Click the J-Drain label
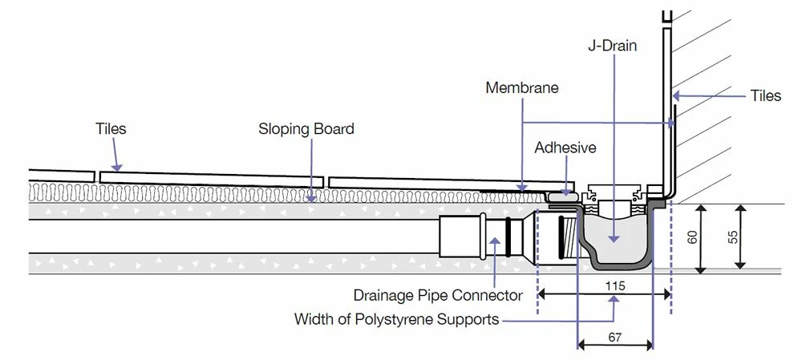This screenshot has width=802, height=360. [613, 46]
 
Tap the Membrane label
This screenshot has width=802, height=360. [522, 87]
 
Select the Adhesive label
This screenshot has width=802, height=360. [565, 148]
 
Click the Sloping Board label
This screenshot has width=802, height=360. [306, 128]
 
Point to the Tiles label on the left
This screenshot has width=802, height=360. [111, 128]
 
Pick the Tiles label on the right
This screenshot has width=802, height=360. [765, 95]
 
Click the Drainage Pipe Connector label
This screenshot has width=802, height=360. [438, 295]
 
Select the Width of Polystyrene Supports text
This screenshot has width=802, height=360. [396, 319]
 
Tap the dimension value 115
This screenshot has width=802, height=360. [615, 285]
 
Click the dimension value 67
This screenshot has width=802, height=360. [614, 338]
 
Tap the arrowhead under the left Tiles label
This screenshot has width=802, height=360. [119, 169]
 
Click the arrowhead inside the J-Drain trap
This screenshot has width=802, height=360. [614, 237]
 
